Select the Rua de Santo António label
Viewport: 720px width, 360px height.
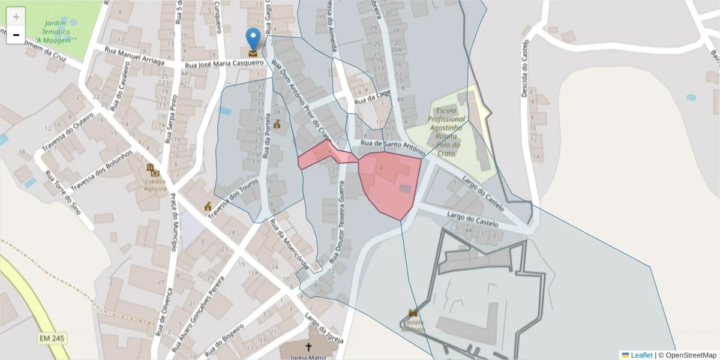click(x=388, y=146)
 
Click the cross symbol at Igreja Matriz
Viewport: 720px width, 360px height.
click(x=309, y=347)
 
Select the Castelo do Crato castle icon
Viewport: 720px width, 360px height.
click(x=413, y=314)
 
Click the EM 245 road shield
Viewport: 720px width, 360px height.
click(x=52, y=339)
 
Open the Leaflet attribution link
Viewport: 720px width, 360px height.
click(x=641, y=355)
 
